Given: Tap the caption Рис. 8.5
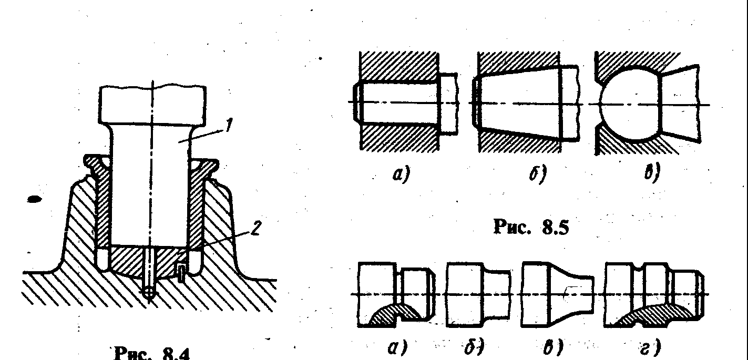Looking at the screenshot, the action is click(531, 227).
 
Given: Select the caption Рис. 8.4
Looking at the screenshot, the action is click(152, 353).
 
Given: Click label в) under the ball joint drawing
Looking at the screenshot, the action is click(652, 173).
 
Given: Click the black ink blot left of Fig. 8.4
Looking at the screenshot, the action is click(34, 199).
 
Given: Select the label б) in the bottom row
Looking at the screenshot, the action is click(475, 347).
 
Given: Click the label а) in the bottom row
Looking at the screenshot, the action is click(397, 347).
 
